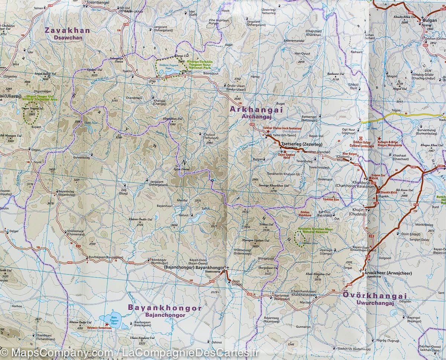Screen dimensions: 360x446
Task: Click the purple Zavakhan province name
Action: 67,30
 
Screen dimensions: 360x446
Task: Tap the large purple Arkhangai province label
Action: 256,110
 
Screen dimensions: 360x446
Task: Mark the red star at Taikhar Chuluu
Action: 268,132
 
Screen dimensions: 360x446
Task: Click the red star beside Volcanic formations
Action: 107,325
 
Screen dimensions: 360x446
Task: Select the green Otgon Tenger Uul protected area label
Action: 40,98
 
